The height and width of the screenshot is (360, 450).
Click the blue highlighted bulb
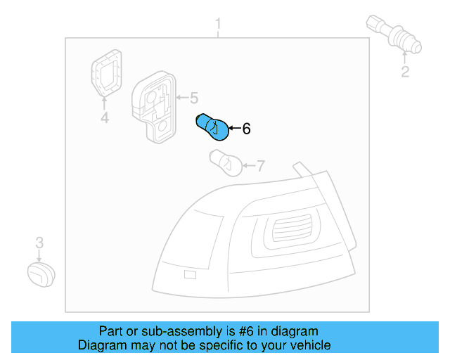click(211, 126)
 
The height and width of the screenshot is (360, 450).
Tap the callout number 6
click(246, 129)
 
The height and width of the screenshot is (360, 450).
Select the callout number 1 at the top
click(218, 27)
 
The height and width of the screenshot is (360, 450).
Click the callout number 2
click(405, 72)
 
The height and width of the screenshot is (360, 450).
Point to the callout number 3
click(39, 243)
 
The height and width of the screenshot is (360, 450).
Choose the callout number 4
click(104, 118)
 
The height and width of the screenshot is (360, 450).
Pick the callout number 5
click(194, 98)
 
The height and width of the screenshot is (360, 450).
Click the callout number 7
click(260, 166)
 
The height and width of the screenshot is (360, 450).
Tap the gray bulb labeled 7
click(224, 163)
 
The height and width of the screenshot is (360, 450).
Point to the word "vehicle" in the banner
click(309, 345)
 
